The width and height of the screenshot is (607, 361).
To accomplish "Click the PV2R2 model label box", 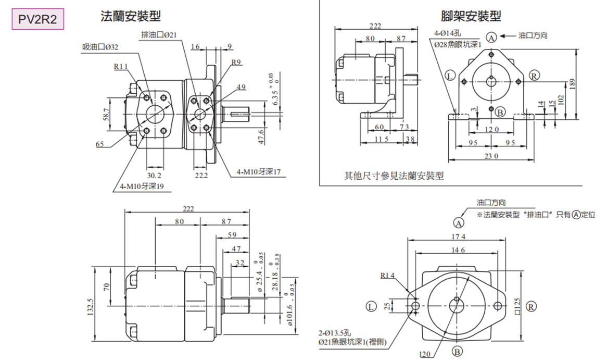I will coord(37,20).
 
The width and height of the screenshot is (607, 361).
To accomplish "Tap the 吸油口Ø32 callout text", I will coord(100,47).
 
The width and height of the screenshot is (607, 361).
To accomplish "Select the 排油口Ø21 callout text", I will coord(159,35).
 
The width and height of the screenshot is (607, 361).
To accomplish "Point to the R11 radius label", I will coord(120,66).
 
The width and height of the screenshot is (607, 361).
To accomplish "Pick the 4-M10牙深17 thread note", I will coord(259,171).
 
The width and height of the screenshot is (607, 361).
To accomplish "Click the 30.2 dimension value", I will coord(155,175).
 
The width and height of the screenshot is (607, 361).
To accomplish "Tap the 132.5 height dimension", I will coord(91,308).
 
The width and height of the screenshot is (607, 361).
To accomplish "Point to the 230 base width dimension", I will coord(491,156).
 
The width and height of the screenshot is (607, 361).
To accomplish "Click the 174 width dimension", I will coord(458,237).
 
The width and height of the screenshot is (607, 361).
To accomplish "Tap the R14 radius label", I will coord(388,276).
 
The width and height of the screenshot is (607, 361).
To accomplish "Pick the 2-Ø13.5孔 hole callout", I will coord(338,332).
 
